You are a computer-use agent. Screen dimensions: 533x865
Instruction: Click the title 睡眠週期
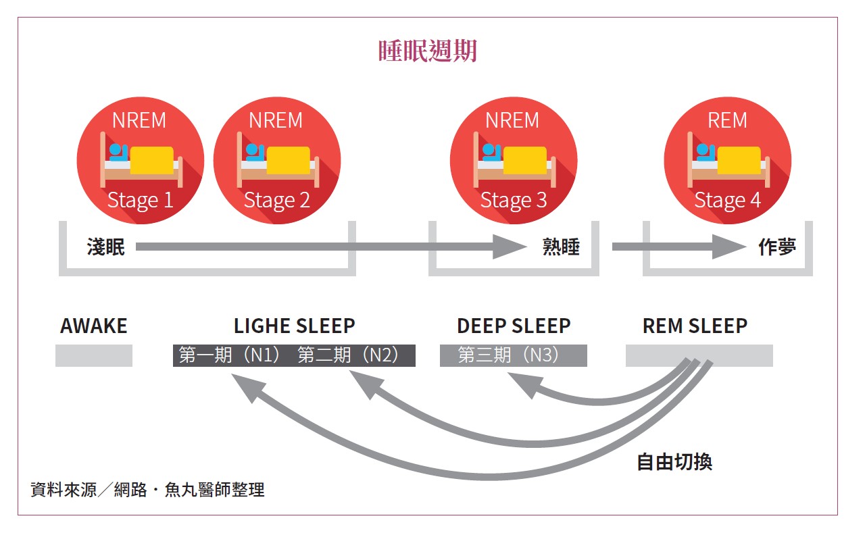[427, 51]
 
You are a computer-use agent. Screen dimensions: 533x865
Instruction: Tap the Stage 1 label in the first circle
[141, 201]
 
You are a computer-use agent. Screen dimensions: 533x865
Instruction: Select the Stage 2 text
[276, 201]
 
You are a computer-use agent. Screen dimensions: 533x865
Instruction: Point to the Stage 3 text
[513, 201]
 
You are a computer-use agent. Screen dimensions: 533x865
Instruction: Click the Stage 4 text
[727, 201]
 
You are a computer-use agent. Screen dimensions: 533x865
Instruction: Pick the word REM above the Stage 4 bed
[727, 120]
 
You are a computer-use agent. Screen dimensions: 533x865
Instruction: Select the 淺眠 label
[106, 247]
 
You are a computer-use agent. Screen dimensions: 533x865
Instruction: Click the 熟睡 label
[561, 247]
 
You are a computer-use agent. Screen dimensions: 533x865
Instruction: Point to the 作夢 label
[776, 247]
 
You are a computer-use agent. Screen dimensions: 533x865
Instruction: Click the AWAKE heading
[93, 326]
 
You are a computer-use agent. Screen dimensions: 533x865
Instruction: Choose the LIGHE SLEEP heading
[294, 326]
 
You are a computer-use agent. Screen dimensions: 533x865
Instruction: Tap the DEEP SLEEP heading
[514, 326]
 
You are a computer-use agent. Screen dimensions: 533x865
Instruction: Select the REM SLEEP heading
[695, 326]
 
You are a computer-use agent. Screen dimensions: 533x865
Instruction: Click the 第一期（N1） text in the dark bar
[230, 355]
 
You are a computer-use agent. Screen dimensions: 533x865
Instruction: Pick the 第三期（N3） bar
[513, 355]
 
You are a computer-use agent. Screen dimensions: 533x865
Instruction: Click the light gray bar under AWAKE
[93, 355]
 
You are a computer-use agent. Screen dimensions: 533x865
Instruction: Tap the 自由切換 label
[674, 462]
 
